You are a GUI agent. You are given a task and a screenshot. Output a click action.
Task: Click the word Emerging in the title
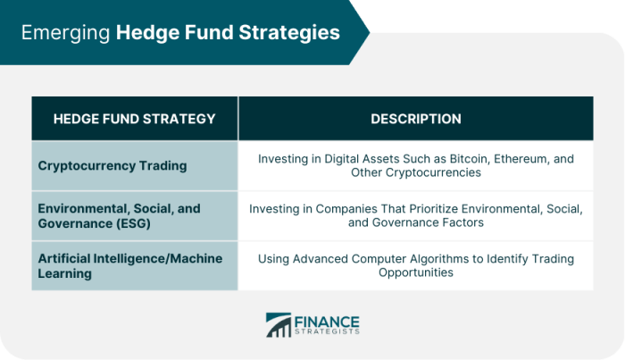tap(65, 33)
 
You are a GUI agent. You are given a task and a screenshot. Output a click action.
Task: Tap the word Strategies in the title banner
tap(289, 33)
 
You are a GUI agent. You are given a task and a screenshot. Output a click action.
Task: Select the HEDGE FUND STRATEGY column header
tap(134, 119)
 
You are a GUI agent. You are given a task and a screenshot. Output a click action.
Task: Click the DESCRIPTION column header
tap(416, 119)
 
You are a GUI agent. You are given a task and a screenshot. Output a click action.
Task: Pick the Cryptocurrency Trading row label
tap(112, 166)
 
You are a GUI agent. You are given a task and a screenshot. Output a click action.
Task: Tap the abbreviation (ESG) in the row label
tap(134, 223)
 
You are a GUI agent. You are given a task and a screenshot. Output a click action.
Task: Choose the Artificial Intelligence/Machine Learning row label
tap(130, 266)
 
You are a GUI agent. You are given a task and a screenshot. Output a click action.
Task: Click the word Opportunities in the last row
tap(416, 272)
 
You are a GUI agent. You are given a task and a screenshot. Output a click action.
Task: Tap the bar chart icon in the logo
tap(279, 325)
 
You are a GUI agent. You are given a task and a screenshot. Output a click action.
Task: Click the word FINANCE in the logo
tap(327, 322)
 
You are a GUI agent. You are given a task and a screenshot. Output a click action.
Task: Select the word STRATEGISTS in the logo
tap(327, 331)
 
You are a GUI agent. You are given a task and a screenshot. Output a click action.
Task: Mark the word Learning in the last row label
tap(65, 274)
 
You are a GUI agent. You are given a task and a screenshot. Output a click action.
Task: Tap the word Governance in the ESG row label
tap(75, 223)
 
